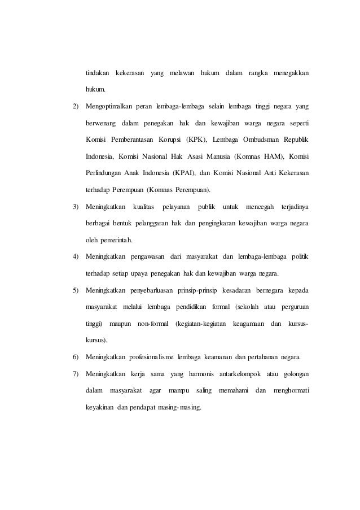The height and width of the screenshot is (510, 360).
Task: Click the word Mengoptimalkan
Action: [x=111, y=107]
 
